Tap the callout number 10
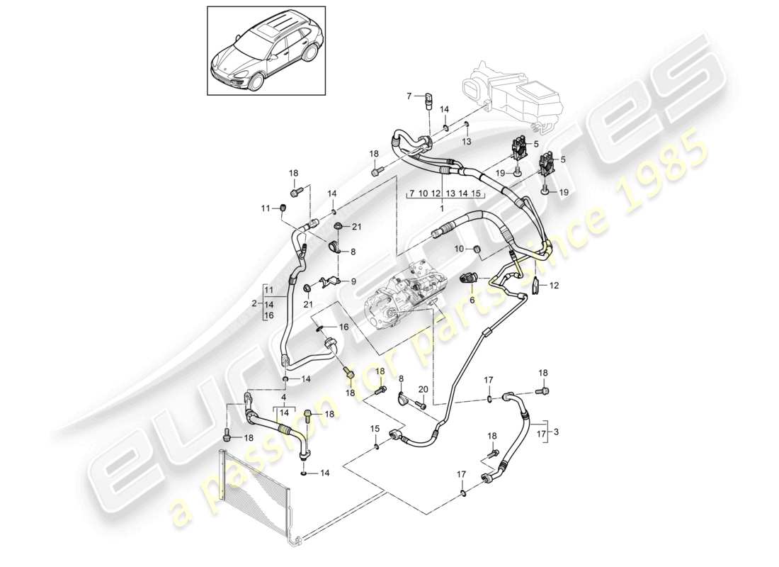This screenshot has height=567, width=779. [459, 249]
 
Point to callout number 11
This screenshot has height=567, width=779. [266, 208]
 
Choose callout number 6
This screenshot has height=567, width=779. [473, 300]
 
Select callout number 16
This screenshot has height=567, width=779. [343, 327]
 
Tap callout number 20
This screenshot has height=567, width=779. [423, 388]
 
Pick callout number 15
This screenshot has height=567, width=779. [373, 430]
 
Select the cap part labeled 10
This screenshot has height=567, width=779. [476, 249]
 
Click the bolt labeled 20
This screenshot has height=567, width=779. [419, 405]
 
